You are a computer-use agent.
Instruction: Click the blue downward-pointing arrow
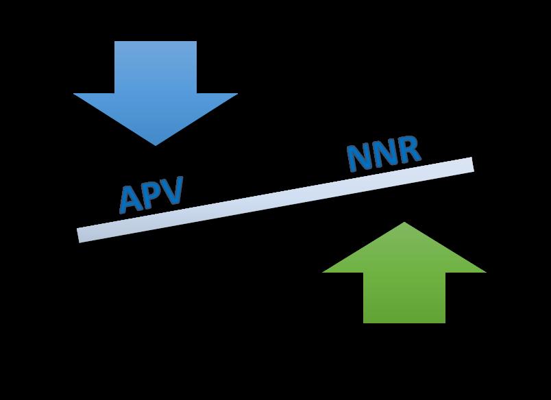click(x=156, y=96)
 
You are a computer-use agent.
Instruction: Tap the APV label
click(x=151, y=195)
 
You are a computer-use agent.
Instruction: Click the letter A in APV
click(x=130, y=199)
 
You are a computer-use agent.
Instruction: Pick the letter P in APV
click(x=152, y=195)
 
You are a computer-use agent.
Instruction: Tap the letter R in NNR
click(x=407, y=150)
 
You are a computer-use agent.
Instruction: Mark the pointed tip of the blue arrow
click(x=156, y=144)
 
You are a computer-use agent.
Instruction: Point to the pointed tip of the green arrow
click(x=404, y=223)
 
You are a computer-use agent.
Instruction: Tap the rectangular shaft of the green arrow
click(x=404, y=297)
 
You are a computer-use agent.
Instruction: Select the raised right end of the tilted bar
click(x=470, y=164)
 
